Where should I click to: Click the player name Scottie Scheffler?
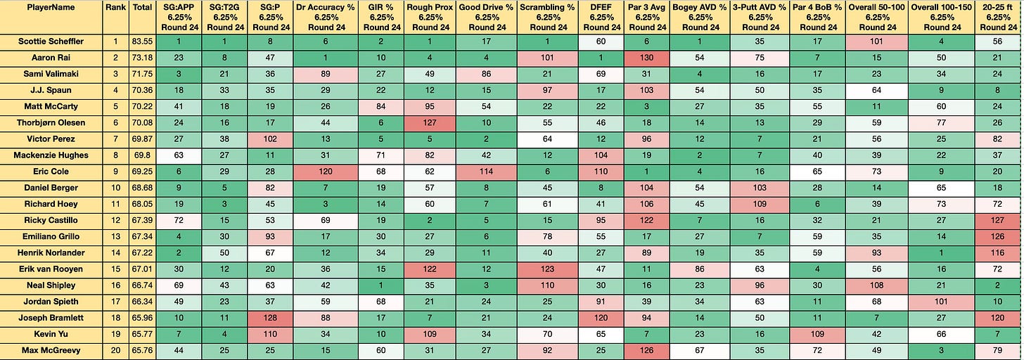(x=51, y=41)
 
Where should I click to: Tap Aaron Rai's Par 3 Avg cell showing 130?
(x=646, y=58)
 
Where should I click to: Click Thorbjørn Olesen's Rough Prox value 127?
(x=429, y=123)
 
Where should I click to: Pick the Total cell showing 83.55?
(x=142, y=41)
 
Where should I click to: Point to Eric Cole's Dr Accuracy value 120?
(x=325, y=172)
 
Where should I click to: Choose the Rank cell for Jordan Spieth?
(x=115, y=302)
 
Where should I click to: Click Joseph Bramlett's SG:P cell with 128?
(x=270, y=318)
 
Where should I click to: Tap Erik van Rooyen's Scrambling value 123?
(x=547, y=269)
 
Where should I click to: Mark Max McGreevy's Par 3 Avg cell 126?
(x=646, y=351)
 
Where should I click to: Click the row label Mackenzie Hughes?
(x=51, y=155)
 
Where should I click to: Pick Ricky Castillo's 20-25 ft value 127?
(x=997, y=221)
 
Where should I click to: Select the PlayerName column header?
(x=51, y=8)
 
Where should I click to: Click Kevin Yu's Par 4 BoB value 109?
(x=817, y=335)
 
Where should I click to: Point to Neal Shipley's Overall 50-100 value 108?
(x=876, y=285)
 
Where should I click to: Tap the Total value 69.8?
(x=142, y=155)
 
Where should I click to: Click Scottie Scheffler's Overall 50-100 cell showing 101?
(x=876, y=41)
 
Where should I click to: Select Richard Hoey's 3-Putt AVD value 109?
(x=760, y=204)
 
